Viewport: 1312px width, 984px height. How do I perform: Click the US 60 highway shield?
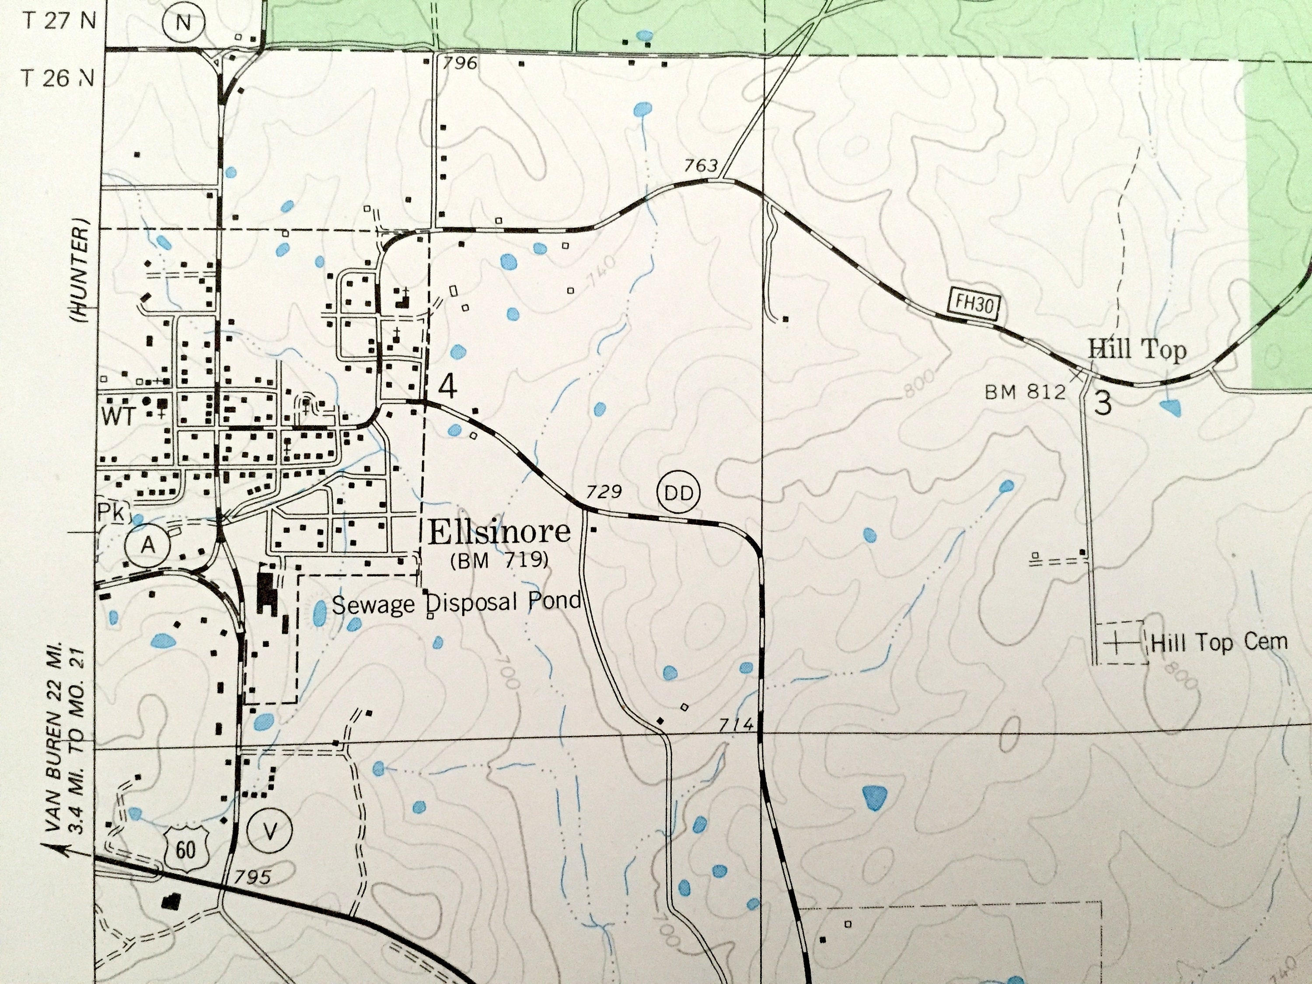click(186, 849)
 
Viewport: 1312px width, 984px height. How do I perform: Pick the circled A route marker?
click(148, 544)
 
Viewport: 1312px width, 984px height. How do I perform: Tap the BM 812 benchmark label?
click(1025, 392)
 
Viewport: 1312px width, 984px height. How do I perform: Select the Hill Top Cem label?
click(1219, 642)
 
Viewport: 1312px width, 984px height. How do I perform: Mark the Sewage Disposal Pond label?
click(456, 603)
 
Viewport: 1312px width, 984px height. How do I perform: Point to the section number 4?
click(448, 387)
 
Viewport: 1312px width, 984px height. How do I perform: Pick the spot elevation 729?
click(604, 492)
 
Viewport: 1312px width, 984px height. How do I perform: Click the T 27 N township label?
click(59, 21)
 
